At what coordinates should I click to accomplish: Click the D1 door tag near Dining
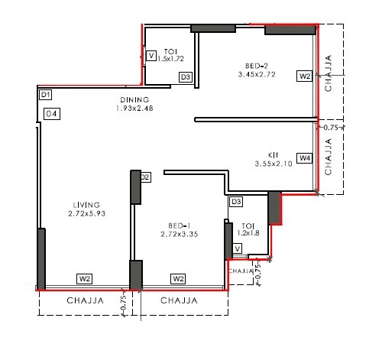45,95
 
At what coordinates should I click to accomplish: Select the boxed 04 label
52,114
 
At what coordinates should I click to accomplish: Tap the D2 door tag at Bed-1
144,178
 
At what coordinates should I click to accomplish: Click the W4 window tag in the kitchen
305,158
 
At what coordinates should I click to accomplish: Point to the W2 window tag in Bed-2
305,76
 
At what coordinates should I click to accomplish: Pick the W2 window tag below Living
85,278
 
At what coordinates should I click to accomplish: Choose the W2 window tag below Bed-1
179,278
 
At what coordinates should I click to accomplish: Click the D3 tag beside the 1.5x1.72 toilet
185,77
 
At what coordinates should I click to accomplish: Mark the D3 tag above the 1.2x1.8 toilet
236,202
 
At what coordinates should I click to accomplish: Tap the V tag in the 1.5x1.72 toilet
151,57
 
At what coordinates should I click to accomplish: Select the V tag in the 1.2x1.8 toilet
238,248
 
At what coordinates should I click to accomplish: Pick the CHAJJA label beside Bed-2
329,73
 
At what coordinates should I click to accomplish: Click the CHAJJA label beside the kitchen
329,158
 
